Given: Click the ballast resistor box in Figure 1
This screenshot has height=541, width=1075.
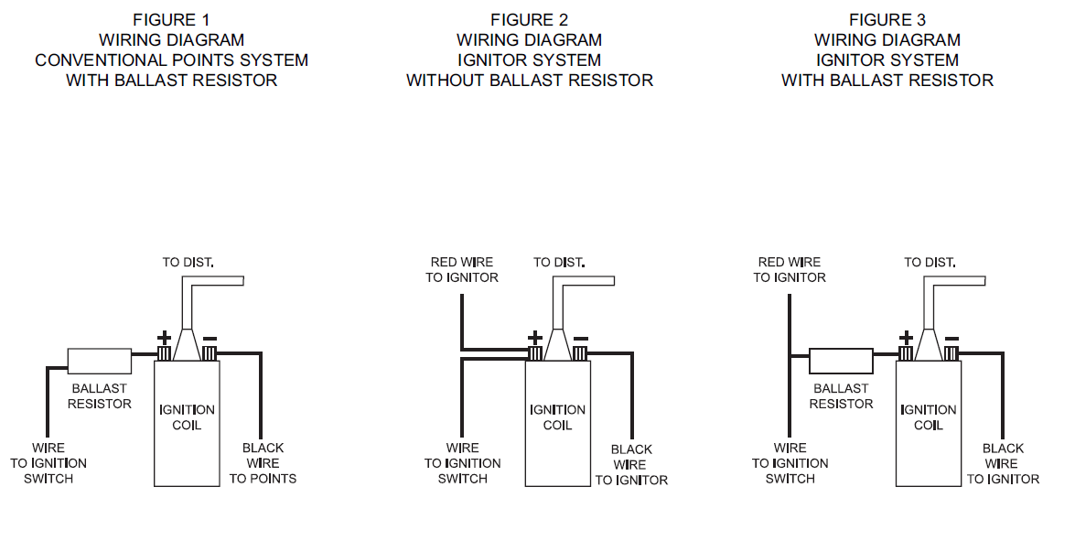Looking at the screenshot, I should [x=100, y=360].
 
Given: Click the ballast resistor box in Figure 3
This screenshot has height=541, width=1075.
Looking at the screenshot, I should [x=841, y=360].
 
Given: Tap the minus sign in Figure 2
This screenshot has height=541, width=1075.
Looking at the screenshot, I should [x=580, y=339].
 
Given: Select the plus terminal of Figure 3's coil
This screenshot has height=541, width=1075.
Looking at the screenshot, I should [x=906, y=353].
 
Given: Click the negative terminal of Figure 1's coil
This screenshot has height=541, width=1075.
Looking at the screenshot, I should [x=210, y=353].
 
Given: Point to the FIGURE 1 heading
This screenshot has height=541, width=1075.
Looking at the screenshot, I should [x=171, y=20].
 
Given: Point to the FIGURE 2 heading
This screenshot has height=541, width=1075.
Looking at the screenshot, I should [x=529, y=20].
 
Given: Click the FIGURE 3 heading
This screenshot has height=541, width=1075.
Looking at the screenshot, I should [x=887, y=20].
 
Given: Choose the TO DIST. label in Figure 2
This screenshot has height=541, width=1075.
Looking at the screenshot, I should [x=559, y=263].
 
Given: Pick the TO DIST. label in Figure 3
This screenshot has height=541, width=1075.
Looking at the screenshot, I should [x=930, y=263].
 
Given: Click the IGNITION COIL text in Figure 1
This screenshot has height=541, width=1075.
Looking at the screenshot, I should [x=187, y=417].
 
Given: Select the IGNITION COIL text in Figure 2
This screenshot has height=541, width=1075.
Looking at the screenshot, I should [x=557, y=417].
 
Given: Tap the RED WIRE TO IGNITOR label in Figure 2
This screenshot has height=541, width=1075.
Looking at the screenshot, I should [x=462, y=270].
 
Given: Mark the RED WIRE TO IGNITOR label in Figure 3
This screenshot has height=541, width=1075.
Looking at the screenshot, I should [x=790, y=270].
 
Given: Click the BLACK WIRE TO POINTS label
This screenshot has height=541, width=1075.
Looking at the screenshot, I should [x=263, y=463].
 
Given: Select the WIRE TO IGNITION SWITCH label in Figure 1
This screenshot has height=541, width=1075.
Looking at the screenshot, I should [x=48, y=463].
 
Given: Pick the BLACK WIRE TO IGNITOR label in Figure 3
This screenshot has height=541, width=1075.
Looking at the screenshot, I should [x=1003, y=464].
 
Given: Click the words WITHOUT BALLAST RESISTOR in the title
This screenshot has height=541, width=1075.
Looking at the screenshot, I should [x=530, y=81].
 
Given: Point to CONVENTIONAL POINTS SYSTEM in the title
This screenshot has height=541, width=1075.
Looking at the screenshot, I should [x=171, y=60].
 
